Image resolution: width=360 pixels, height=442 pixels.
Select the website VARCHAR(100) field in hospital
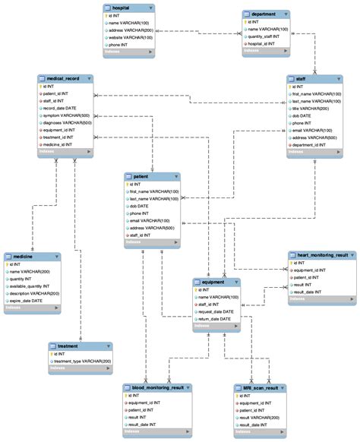[131, 36]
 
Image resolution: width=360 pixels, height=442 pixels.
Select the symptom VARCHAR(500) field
[68, 116]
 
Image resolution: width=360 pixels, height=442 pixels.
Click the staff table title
[302, 79]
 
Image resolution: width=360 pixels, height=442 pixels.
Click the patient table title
[142, 176]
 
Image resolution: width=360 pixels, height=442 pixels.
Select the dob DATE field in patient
[138, 206]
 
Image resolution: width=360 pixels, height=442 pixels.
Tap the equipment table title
[212, 282]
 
